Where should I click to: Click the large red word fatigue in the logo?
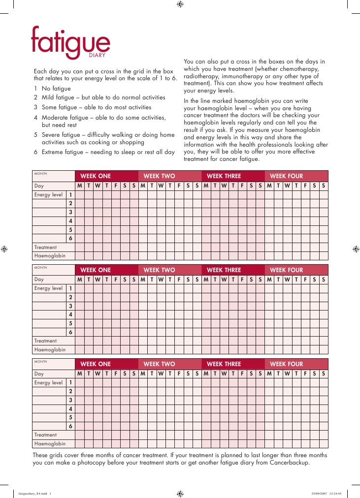[x=70, y=41]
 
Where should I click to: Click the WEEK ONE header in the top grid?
[x=96, y=176]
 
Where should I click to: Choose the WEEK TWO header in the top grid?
[x=159, y=176]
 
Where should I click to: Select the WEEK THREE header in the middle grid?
[x=224, y=270]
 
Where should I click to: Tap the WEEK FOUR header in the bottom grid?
[x=286, y=364]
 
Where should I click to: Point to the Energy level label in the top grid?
[x=48, y=194]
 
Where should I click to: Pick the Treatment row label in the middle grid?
[x=45, y=341]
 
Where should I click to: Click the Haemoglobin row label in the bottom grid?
[x=50, y=444]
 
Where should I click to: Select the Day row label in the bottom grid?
[x=39, y=374]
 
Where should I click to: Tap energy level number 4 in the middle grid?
[x=71, y=314]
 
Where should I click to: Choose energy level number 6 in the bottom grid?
[x=71, y=426]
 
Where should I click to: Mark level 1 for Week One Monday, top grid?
[x=79, y=194]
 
